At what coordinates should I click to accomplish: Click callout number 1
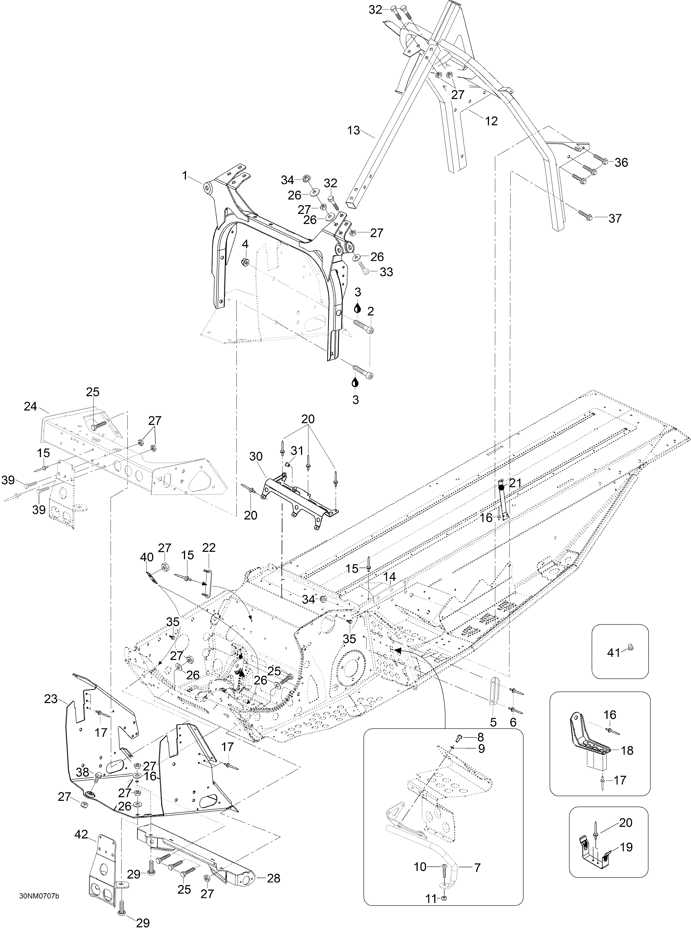pos(185,176)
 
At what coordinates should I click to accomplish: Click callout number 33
pos(386,272)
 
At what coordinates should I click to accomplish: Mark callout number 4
pos(245,244)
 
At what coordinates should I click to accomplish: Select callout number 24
pos(31,406)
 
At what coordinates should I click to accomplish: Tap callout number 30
pos(256,456)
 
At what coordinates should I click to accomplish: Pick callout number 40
pos(147,558)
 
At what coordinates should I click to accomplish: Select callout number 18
pos(627,751)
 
